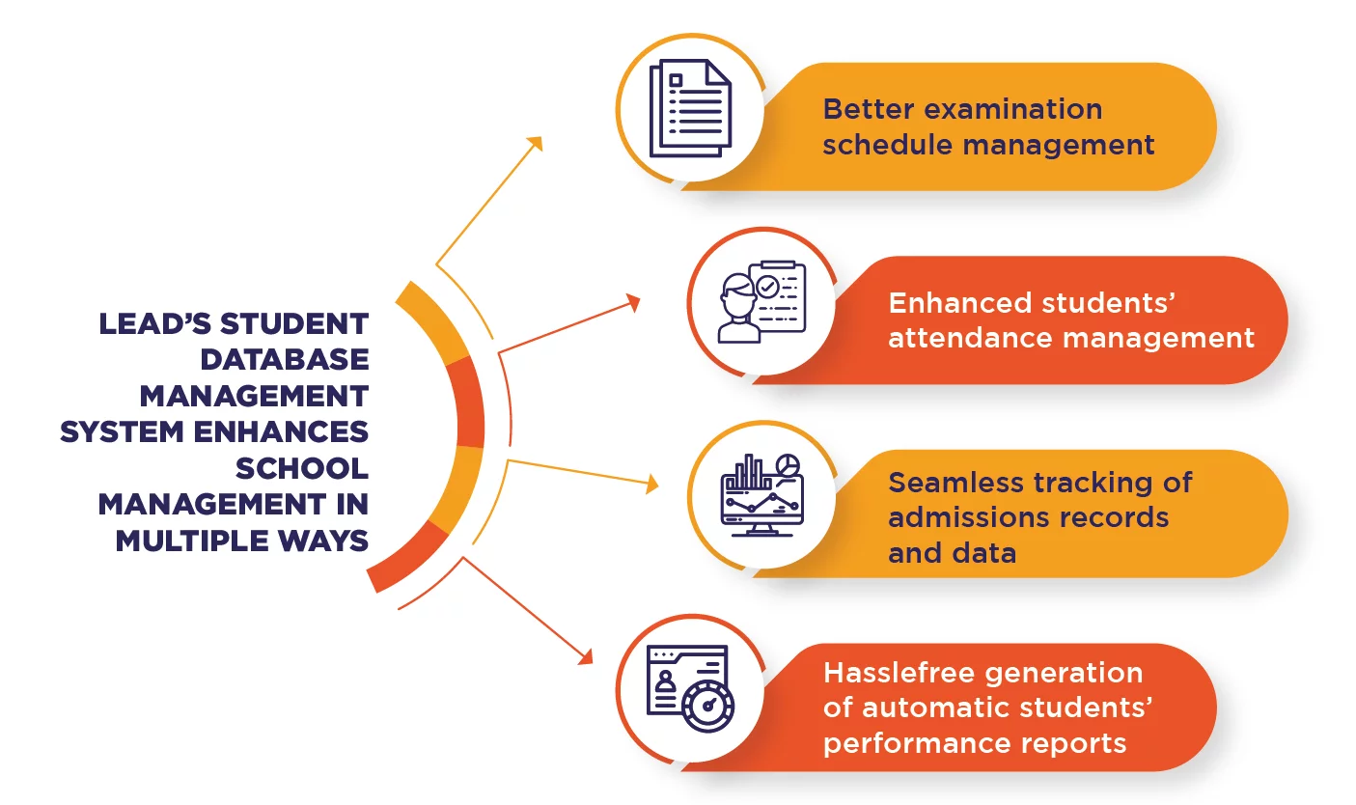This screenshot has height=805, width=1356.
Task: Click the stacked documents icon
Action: click(690, 108)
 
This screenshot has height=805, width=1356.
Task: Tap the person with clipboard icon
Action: click(761, 302)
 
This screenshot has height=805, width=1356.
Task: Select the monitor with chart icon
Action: click(762, 495)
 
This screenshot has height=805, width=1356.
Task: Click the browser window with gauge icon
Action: click(690, 689)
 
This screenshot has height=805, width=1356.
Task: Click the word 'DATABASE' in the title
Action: click(285, 359)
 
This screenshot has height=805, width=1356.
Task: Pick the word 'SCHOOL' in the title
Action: click(302, 468)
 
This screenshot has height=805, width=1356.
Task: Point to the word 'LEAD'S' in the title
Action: click(154, 323)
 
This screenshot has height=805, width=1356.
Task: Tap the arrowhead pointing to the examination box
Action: click(535, 144)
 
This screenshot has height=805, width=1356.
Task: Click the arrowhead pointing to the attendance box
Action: click(633, 303)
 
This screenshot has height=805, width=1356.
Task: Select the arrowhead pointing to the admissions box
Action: click(652, 484)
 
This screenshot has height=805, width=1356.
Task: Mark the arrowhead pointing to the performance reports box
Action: click(586, 656)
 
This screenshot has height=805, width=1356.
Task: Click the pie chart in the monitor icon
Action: click(788, 465)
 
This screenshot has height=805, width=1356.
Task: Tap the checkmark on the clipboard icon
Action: click(768, 287)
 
